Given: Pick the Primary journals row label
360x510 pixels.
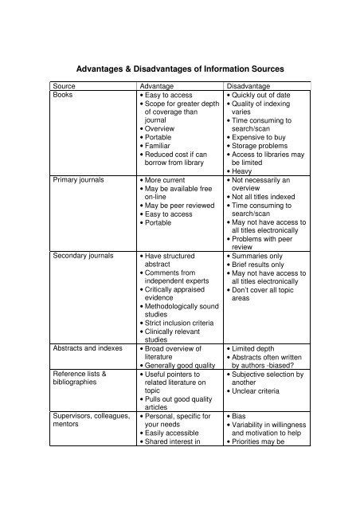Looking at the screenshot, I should tap(76, 182).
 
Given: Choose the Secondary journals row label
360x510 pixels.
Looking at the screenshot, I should tap(82, 257).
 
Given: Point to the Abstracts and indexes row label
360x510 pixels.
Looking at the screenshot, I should tap(85, 348).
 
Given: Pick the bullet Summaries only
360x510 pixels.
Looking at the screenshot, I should tap(259, 257).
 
